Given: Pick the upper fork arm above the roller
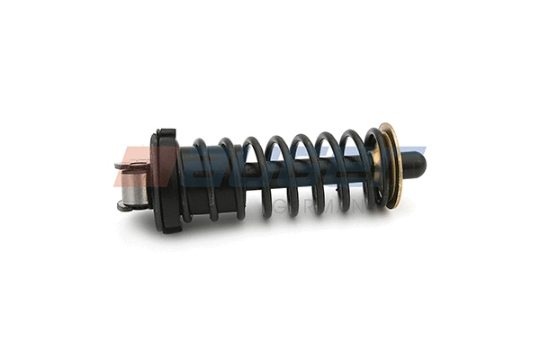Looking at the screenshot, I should coord(135,165).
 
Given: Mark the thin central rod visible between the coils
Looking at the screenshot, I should coord(355,166).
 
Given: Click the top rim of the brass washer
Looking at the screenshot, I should coord(387,127).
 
